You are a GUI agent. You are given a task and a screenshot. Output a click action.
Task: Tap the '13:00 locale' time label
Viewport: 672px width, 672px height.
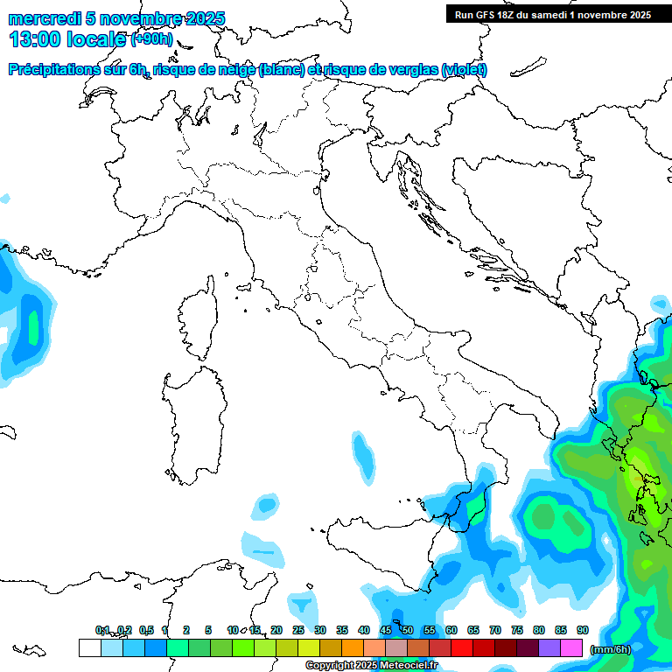pyautogui.click(x=66, y=39)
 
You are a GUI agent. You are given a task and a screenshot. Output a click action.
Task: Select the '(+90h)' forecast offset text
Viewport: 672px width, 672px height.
pyautogui.click(x=153, y=39)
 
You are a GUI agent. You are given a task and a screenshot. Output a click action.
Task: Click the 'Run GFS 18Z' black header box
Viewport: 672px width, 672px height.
pyautogui.click(x=553, y=14)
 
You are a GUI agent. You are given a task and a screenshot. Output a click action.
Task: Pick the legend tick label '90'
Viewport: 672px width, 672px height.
pyautogui.click(x=582, y=630)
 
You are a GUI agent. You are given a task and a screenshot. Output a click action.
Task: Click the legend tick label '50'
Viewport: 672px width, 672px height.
pyautogui.click(x=408, y=630)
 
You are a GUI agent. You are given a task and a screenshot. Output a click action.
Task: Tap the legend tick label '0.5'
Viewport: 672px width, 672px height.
pyautogui.click(x=146, y=630)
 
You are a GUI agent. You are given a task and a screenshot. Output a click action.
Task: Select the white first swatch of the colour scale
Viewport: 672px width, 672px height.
pyautogui.click(x=89, y=647)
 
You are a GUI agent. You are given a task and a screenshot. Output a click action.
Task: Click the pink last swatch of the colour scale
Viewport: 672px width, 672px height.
pyautogui.click(x=572, y=647)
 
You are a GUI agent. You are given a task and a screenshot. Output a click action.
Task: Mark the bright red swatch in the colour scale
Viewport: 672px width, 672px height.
pyautogui.click(x=462, y=647)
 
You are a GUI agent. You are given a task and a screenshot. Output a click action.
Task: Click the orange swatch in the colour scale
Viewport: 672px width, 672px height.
pyautogui.click(x=353, y=647)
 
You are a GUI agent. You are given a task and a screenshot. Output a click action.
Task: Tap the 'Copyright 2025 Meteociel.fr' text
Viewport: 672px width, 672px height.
pyautogui.click(x=371, y=665)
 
